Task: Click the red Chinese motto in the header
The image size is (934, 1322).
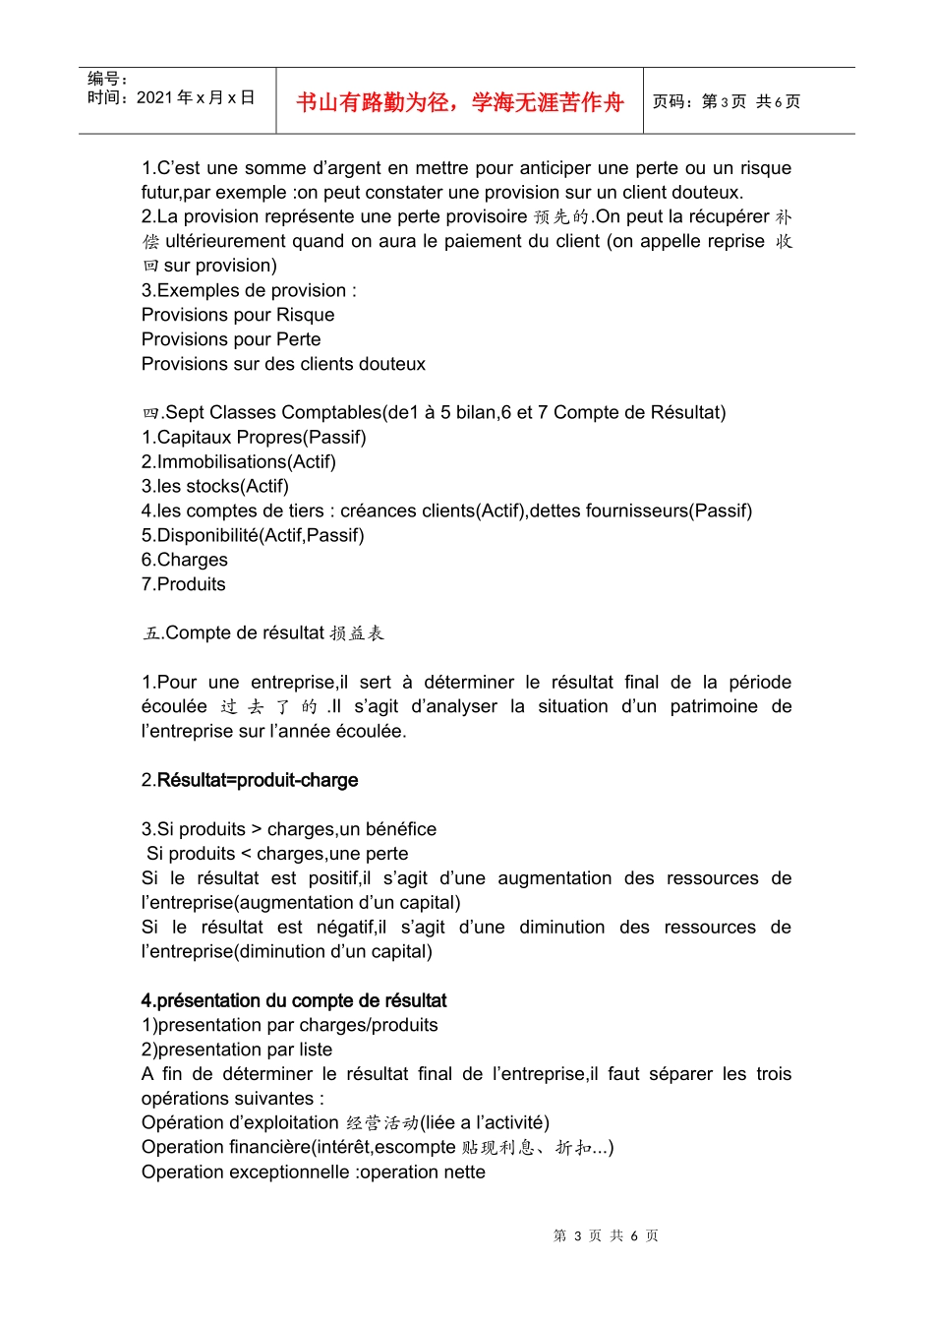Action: pyautogui.click(x=459, y=102)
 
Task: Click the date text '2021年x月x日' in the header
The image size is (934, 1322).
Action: pyautogui.click(x=195, y=97)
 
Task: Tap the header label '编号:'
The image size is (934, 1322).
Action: pyautogui.click(x=107, y=79)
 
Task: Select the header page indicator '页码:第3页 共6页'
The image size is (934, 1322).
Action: pyautogui.click(x=727, y=101)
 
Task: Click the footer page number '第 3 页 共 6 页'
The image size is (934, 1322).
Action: pyautogui.click(x=606, y=1235)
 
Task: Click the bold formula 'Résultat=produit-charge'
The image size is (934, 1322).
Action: pyautogui.click(x=258, y=780)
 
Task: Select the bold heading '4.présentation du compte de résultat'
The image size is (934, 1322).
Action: pyautogui.click(x=294, y=1000)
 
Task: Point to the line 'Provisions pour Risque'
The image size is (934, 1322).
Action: pyautogui.click(x=238, y=315)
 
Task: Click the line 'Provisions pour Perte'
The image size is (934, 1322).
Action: pyautogui.click(x=231, y=339)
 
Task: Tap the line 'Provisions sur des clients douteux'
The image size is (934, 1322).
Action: pyautogui.click(x=283, y=364)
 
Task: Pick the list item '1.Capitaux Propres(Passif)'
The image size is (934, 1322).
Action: pyautogui.click(x=254, y=437)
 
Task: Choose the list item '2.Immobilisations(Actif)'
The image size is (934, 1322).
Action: pyautogui.click(x=239, y=461)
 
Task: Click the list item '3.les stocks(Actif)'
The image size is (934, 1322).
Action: pyautogui.click(x=215, y=486)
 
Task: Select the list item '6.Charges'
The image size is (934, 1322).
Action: pyautogui.click(x=185, y=560)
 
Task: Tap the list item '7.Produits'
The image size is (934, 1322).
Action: pyautogui.click(x=184, y=584)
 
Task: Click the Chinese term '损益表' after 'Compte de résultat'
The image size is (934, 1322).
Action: pyautogui.click(x=357, y=633)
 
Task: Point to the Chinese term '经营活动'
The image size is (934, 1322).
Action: pyautogui.click(x=382, y=1123)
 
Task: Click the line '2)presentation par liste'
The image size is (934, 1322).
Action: pyautogui.click(x=237, y=1050)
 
